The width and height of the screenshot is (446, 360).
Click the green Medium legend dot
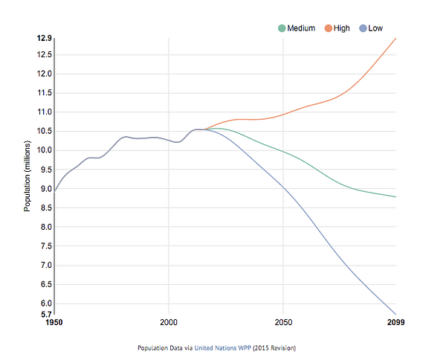(282, 28)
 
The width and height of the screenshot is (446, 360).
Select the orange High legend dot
(329, 28)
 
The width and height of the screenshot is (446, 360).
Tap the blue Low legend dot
(363, 28)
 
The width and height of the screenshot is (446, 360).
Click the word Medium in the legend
(301, 28)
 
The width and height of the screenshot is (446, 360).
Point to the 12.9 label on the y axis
(45, 38)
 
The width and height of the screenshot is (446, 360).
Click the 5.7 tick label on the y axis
(46, 315)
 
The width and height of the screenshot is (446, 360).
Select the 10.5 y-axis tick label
(45, 131)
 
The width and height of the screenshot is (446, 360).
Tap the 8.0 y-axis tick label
(46, 227)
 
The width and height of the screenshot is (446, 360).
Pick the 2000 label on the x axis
(169, 322)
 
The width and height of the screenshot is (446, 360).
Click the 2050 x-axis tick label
(283, 322)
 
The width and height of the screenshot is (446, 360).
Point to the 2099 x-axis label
(395, 322)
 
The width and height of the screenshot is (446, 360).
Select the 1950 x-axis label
(54, 322)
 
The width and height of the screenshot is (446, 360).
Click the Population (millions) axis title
(27, 176)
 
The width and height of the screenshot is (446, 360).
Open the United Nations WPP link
(223, 348)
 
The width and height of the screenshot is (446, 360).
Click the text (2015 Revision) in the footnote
(274, 348)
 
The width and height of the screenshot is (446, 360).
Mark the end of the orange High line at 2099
(396, 38)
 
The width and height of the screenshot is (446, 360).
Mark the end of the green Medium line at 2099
(396, 196)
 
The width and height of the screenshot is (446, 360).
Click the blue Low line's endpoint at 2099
(396, 315)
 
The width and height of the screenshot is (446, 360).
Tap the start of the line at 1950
(54, 191)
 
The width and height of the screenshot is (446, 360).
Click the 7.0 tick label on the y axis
(46, 266)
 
